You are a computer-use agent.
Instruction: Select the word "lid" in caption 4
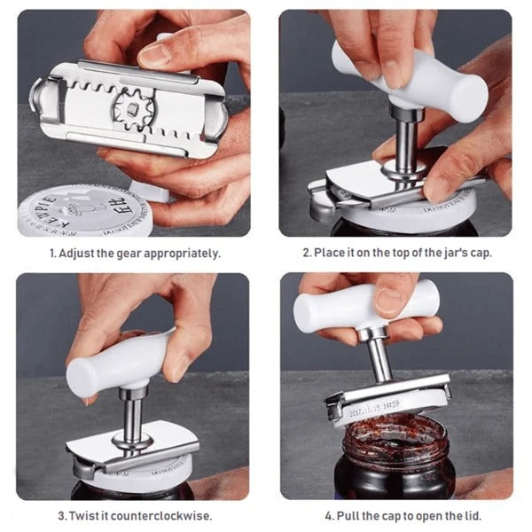point(470,515)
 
